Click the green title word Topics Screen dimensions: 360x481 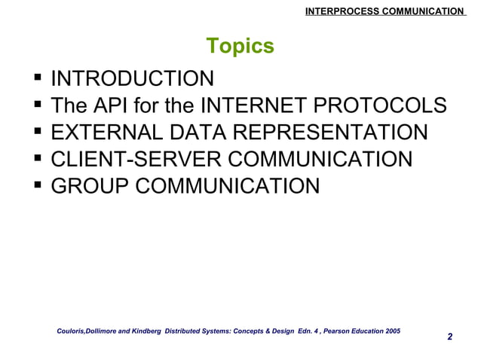click(240, 47)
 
